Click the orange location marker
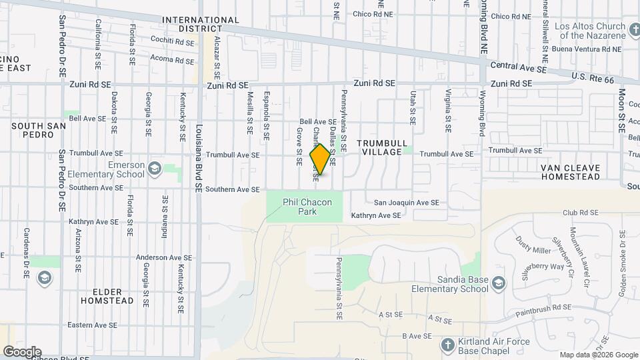[x=321, y=159]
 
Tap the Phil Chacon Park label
[x=307, y=207]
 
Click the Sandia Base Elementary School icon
[x=498, y=285]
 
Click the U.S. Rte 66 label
[x=592, y=79]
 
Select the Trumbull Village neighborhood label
[x=380, y=147]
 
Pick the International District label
[x=200, y=25]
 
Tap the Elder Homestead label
[x=107, y=296]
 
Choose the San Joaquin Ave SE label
[x=406, y=203]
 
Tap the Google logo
[x=21, y=352]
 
